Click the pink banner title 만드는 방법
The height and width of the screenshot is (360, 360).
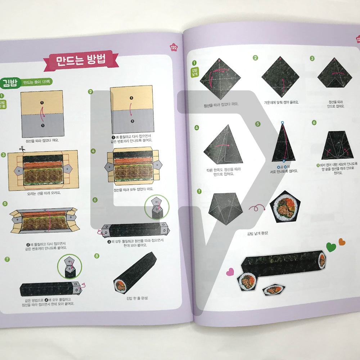81,60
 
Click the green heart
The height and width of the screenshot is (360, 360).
331,247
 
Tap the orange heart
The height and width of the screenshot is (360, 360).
342,242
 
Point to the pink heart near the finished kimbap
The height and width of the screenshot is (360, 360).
229,272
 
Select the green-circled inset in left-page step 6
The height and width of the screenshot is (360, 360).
157,207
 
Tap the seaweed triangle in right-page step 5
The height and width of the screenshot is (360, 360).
283,144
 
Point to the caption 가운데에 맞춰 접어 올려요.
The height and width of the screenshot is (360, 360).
281,103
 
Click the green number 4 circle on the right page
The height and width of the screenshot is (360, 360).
197,127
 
